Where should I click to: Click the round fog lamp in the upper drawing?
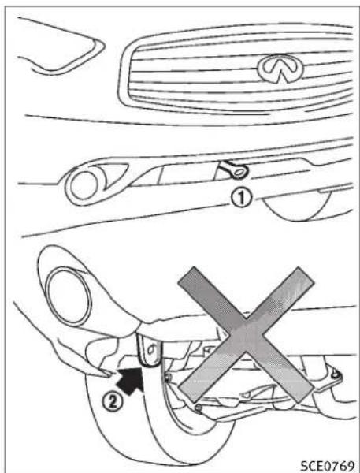80,186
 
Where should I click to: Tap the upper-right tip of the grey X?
304,273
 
